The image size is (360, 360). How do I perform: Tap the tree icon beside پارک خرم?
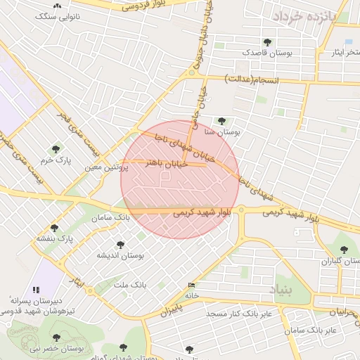pyautogui.click(x=56, y=149)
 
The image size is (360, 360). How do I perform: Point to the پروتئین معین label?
pyautogui.click(x=106, y=168)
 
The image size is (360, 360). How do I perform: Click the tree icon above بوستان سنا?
pyautogui.click(x=222, y=121)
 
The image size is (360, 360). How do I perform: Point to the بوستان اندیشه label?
pyautogui.click(x=120, y=255)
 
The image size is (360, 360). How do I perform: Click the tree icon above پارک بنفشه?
pyautogui.click(x=55, y=228)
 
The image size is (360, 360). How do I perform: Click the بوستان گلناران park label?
pyautogui.click(x=340, y=261)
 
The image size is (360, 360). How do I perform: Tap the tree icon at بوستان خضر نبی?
pyautogui.click(x=56, y=337)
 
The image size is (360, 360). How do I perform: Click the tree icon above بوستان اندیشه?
pyautogui.click(x=120, y=245)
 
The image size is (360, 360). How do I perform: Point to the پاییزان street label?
pyautogui.click(x=173, y=307)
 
